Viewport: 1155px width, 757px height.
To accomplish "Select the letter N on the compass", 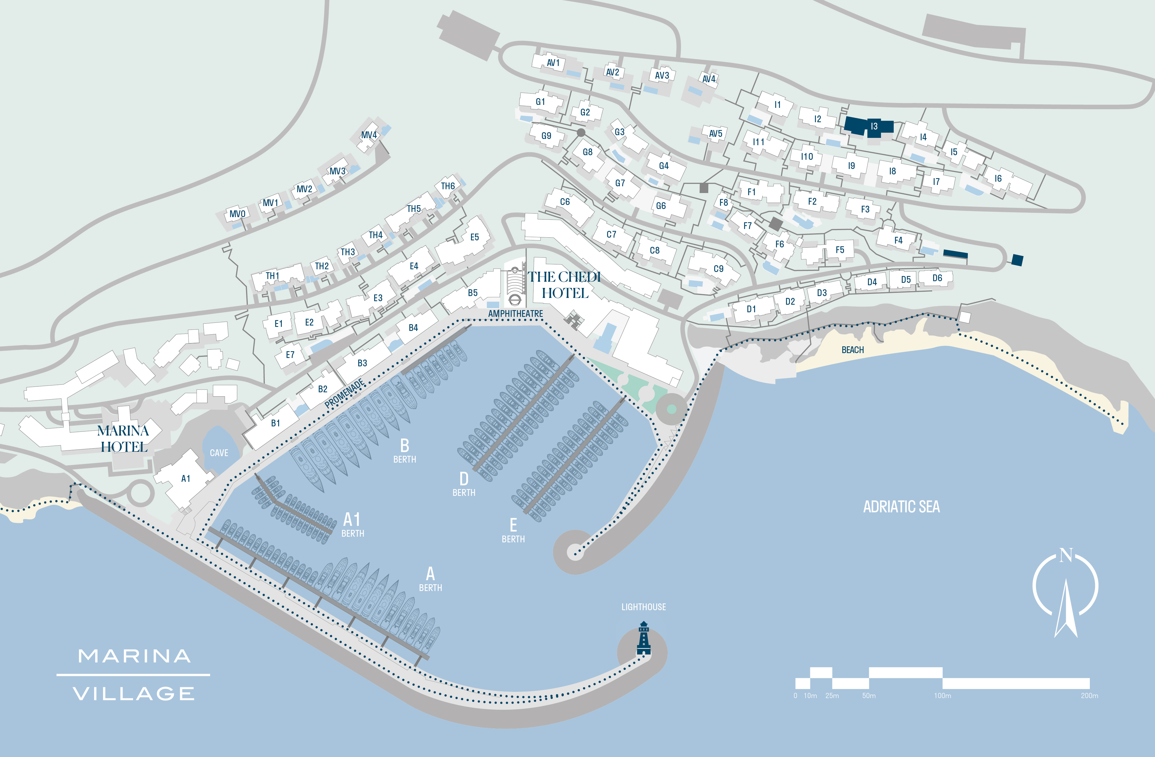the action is tap(1066, 555).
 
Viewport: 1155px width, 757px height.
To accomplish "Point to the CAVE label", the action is tap(219, 453).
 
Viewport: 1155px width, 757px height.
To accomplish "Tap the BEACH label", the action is tap(853, 350).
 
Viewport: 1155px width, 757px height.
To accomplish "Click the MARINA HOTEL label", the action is tap(123, 439).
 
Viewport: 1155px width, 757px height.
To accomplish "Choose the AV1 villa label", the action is tap(553, 63).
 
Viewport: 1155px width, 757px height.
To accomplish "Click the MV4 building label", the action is tap(369, 135).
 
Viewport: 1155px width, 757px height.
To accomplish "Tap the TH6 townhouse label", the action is tap(448, 186).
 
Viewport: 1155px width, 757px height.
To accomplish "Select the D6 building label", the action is tap(937, 278).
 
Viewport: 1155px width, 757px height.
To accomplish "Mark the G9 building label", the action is tap(547, 136).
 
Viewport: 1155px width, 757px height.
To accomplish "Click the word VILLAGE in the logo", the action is tap(134, 693).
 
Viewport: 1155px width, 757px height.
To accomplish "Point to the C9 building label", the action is tap(718, 269).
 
